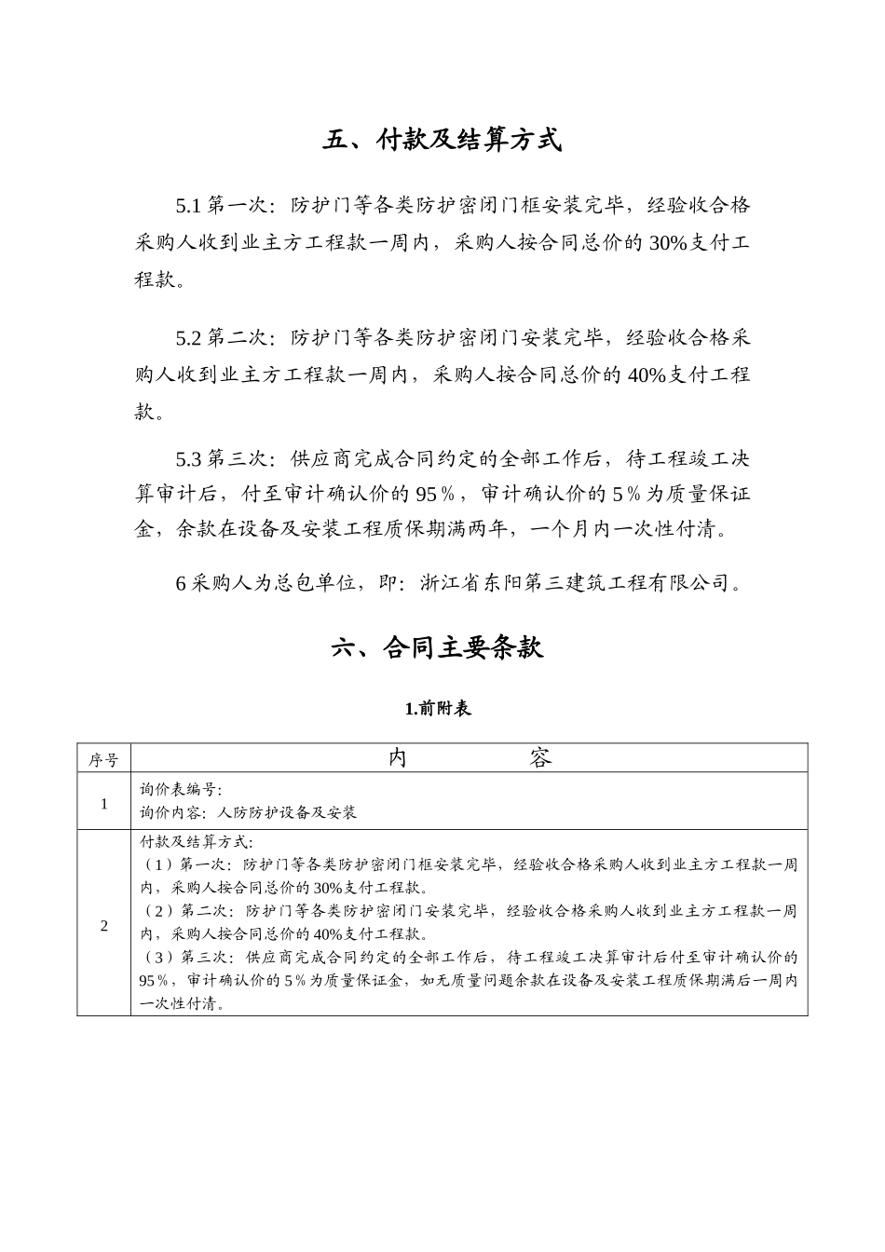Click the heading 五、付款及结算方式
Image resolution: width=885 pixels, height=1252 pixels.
(x=442, y=141)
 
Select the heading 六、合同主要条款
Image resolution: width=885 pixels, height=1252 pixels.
(x=437, y=648)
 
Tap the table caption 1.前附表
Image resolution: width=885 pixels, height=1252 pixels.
(x=438, y=708)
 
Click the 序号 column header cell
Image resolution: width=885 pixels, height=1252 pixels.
(x=103, y=759)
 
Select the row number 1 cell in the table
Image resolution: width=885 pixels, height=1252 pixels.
(x=104, y=803)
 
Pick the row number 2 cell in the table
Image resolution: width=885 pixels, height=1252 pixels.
(x=104, y=925)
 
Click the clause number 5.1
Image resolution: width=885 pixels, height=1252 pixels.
(x=189, y=204)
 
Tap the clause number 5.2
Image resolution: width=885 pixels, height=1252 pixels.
(x=189, y=336)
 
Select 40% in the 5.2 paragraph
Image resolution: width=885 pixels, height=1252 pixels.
(x=647, y=375)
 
